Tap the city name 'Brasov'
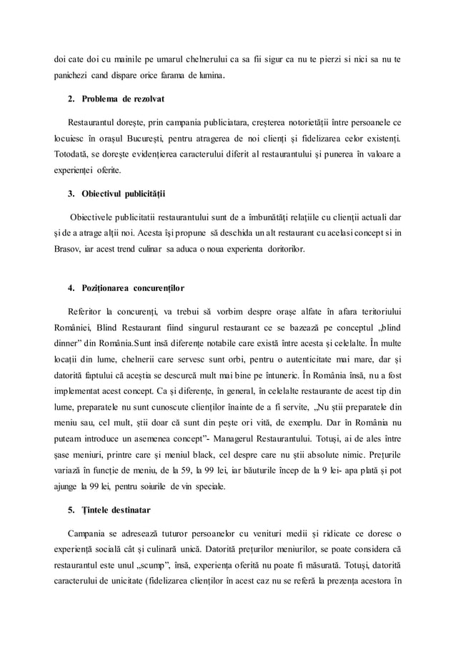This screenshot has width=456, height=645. [x=70, y=249]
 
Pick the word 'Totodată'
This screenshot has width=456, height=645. [x=75, y=154]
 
